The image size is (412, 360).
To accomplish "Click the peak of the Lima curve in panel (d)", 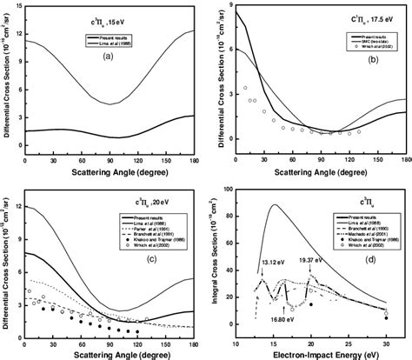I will click(x=275, y=205).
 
